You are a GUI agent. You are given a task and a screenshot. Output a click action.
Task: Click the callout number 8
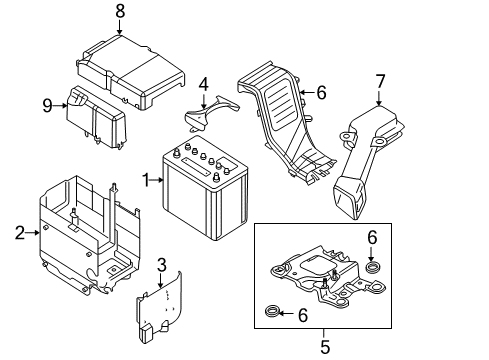pyautogui.click(x=120, y=11)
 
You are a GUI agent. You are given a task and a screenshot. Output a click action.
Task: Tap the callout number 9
pyautogui.click(x=47, y=106)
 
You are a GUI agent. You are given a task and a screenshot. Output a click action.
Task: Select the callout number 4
pyautogui.click(x=204, y=84)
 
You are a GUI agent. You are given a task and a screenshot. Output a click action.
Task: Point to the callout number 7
pyautogui.click(x=380, y=82)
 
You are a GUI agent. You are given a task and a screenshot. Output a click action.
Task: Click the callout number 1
pyautogui.click(x=146, y=180)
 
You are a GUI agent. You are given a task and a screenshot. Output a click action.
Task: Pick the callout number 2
pyautogui.click(x=20, y=233)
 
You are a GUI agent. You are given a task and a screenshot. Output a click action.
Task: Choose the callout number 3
pyautogui.click(x=161, y=265)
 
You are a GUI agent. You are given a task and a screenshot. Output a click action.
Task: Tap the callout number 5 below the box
pyautogui.click(x=325, y=347)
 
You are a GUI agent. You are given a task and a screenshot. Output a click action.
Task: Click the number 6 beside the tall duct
pyautogui.click(x=321, y=93)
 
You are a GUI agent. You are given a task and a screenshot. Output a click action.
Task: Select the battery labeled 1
pyautogui.click(x=205, y=188)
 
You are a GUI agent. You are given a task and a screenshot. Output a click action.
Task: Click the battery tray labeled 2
pyautogui.click(x=90, y=236)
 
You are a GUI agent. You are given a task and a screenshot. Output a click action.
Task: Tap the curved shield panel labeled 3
pyautogui.click(x=159, y=307)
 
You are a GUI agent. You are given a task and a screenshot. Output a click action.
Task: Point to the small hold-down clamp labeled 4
pyautogui.click(x=209, y=113)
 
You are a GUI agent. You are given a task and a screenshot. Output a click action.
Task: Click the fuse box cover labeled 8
pyautogui.click(x=131, y=72)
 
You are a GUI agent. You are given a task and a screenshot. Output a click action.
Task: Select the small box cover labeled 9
pyautogui.click(x=96, y=117)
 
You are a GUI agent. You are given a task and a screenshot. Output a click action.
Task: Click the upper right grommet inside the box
pyautogui.click(x=371, y=267)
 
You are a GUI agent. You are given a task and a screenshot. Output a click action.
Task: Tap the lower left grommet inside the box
pyautogui.click(x=271, y=311)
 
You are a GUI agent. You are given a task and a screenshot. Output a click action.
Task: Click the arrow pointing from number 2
pyautogui.click(x=32, y=233)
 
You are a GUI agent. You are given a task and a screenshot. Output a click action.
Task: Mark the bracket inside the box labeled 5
pyautogui.click(x=328, y=275)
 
